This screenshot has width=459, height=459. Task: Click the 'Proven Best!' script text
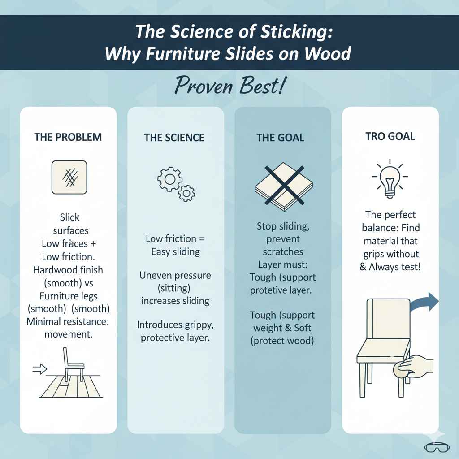[x=229, y=86]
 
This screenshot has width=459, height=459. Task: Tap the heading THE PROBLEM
[x=68, y=137]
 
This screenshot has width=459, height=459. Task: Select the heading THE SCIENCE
[x=174, y=138]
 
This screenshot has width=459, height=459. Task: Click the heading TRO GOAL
[x=390, y=136]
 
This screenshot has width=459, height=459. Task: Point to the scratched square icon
[x=69, y=178]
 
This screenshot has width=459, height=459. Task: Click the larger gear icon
[x=170, y=179]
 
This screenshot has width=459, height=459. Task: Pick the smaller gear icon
[x=186, y=193]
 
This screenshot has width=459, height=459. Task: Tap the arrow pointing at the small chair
[x=39, y=369]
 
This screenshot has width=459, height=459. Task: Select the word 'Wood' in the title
[x=328, y=54]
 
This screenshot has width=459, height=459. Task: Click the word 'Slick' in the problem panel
[x=69, y=217]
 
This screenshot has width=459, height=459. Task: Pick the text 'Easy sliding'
[x=175, y=252]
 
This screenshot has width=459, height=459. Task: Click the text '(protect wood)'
[x=282, y=341]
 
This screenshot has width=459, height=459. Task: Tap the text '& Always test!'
[x=390, y=267]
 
